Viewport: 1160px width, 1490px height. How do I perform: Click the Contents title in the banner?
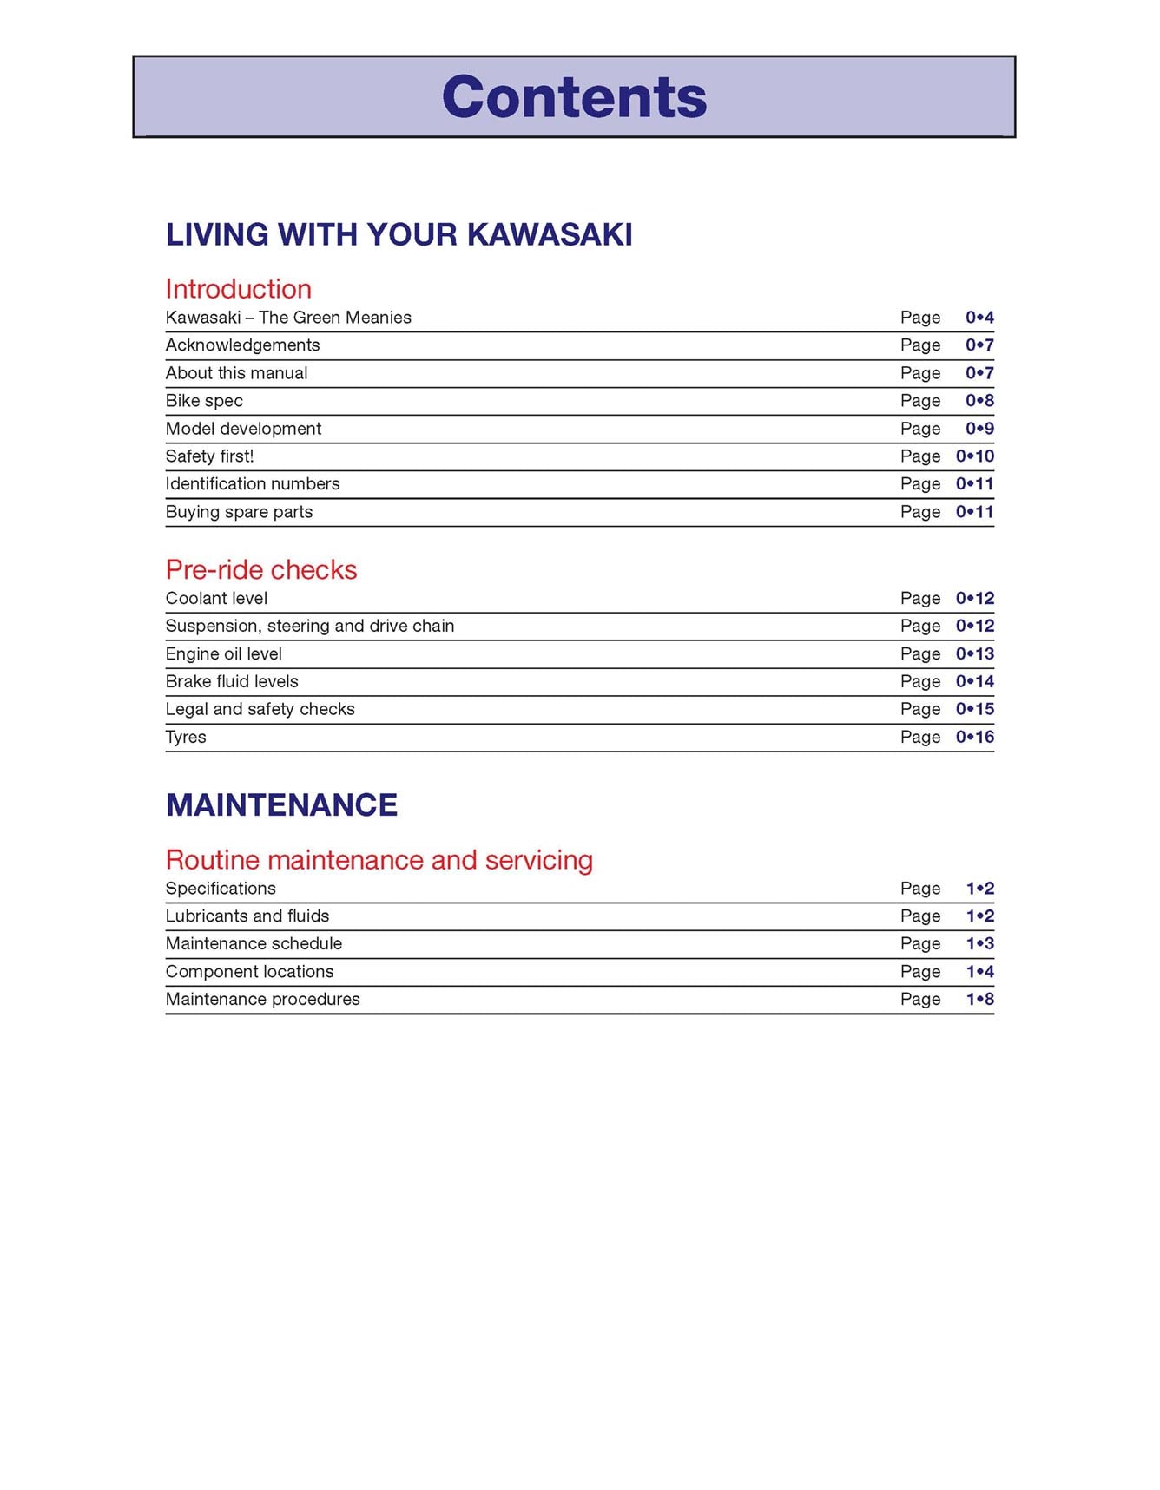pos(574,96)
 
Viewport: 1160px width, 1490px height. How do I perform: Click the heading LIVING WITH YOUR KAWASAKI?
pos(399,235)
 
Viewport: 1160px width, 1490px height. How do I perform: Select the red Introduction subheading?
pos(238,289)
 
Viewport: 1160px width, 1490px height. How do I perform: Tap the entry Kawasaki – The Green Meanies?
pos(288,318)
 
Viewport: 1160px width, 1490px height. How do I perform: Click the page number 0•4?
pos(979,318)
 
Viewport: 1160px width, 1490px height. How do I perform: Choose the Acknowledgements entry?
pos(242,345)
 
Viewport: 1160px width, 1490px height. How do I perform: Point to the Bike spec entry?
pos(204,401)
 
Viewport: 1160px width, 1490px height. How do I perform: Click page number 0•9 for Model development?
pos(979,429)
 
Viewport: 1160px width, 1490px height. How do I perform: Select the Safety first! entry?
pos(209,456)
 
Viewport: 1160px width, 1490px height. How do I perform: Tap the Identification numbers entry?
pos(253,484)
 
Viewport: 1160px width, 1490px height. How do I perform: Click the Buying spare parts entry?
pos(239,512)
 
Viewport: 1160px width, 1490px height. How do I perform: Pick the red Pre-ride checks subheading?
pos(261,570)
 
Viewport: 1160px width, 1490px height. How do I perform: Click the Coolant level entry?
pos(216,599)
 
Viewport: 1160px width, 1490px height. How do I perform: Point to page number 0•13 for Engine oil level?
pos(975,654)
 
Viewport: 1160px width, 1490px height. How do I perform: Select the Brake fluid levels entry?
pos(232,682)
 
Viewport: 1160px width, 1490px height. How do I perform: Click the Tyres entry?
pos(186,738)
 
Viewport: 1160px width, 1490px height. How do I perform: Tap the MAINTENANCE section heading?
pos(281,805)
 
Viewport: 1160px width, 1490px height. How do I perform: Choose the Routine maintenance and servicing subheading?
pos(379,860)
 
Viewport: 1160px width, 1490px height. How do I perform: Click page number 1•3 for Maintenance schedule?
pos(979,944)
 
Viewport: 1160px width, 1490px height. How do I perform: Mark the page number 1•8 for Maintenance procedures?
pos(979,1000)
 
